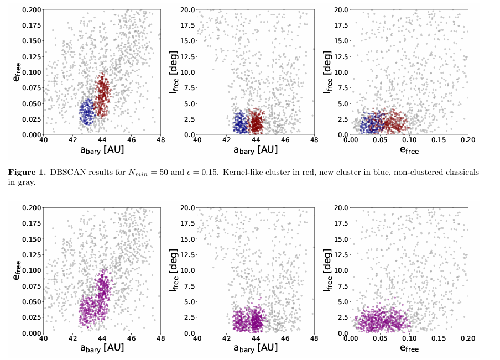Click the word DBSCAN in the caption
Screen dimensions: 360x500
[67, 173]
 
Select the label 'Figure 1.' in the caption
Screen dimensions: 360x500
[28, 173]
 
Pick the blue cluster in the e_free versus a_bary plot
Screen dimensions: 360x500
[87, 112]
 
